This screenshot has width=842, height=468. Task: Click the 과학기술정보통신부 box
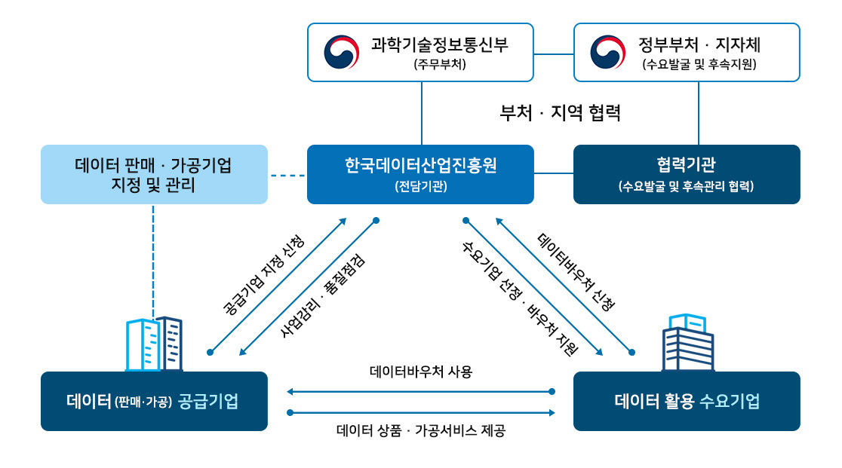point(420,53)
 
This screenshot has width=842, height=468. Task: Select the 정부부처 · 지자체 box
point(687,53)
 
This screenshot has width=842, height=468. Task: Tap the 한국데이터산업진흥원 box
point(420,174)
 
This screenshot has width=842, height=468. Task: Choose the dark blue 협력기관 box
point(687,174)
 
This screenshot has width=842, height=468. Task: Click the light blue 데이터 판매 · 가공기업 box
point(154,174)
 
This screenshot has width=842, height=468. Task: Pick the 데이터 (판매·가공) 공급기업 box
point(154,401)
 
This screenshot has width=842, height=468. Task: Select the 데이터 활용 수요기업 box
point(687,401)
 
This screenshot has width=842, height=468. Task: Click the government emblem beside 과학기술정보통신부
point(342,53)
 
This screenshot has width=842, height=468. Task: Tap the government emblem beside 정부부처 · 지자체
point(608,53)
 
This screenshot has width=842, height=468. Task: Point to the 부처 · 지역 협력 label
point(560,112)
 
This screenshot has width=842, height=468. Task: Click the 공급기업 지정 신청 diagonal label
point(263,274)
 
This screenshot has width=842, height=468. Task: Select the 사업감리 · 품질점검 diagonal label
point(323,295)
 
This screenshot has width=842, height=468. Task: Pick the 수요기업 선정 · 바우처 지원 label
point(520,298)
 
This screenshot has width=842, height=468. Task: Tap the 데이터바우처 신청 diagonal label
point(576,272)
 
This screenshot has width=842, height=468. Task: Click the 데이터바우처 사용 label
point(421,372)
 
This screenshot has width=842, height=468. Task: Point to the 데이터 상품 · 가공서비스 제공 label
point(421,430)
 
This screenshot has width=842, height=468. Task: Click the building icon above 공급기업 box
point(154,344)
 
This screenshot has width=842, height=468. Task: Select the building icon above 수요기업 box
point(688,343)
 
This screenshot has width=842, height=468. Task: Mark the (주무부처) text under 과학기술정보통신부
point(440,64)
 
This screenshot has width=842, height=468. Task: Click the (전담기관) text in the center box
point(421,187)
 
